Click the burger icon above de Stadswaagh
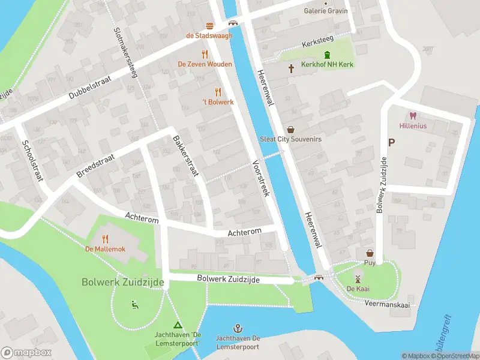pos(209,25)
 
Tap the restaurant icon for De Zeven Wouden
pos(205,54)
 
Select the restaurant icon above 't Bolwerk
pos(218,92)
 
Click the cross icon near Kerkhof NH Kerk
pos(292,69)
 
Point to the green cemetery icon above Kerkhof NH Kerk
pos(327,55)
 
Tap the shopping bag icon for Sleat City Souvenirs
pos(291,129)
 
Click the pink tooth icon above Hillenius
pos(412,116)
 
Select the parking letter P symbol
pos(392,143)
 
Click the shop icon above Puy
pos(370,253)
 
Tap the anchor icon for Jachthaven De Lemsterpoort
pos(238,328)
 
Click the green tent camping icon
pos(177,325)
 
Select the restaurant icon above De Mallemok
pos(105,238)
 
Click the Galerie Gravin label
pos(326,11)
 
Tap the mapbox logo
pos(26,352)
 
